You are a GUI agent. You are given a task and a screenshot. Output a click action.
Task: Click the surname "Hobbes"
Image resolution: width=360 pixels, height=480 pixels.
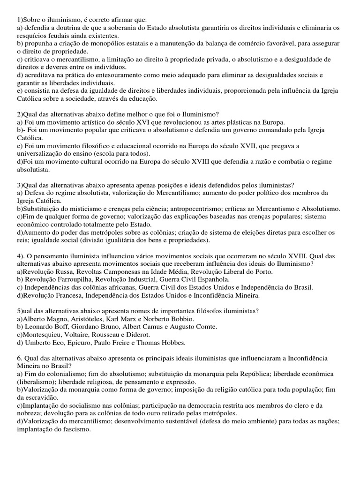click(x=173, y=343)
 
